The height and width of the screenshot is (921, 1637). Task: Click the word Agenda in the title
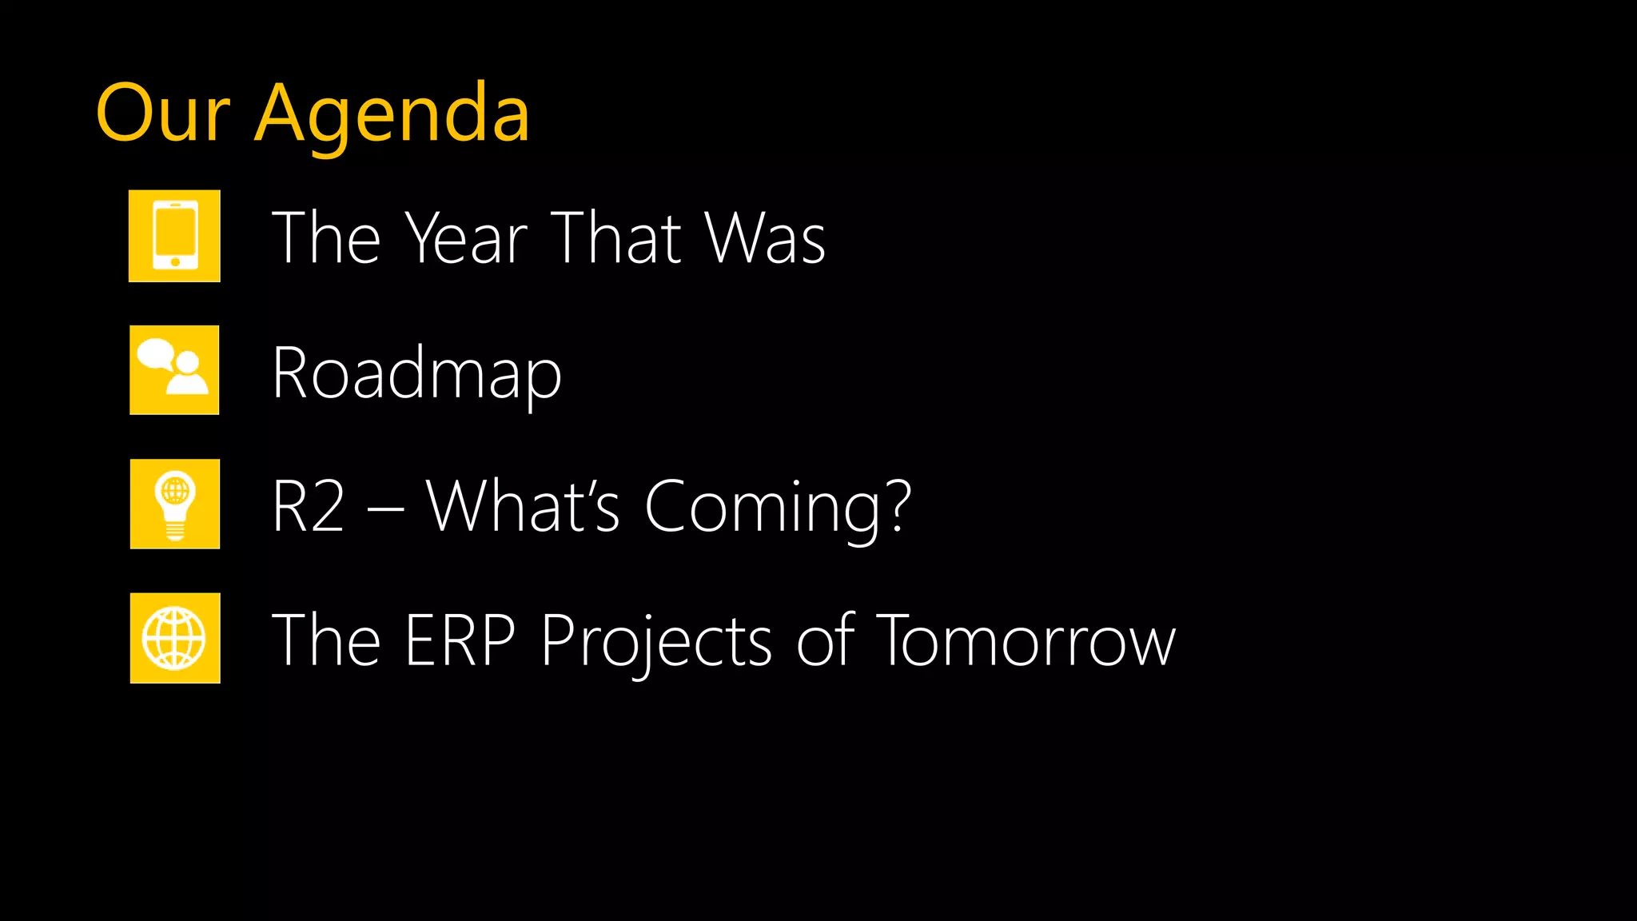tap(392, 116)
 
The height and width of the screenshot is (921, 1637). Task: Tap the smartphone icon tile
tap(174, 236)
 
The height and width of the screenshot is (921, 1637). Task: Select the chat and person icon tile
tap(174, 370)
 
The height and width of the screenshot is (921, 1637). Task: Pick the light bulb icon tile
tap(175, 504)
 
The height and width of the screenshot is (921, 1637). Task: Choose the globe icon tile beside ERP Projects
tap(175, 638)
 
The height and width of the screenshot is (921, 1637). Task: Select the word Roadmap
tap(416, 373)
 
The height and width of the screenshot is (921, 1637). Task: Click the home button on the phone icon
tap(175, 261)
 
